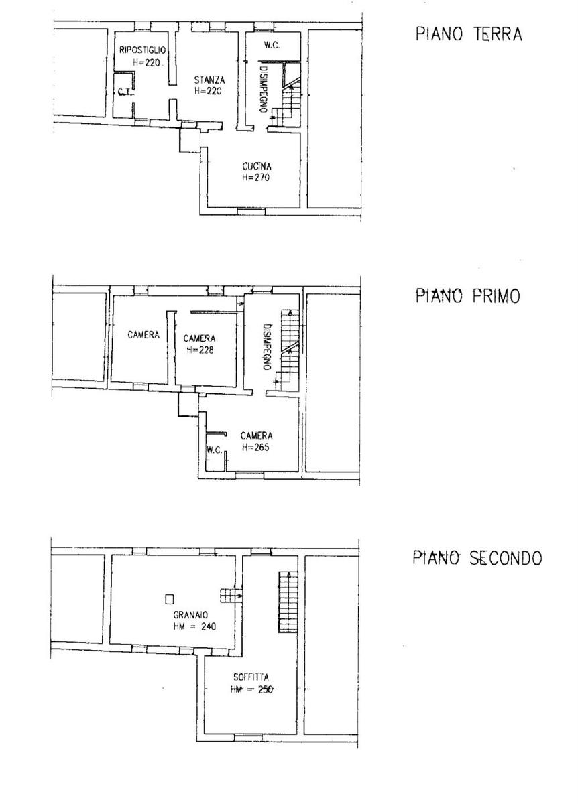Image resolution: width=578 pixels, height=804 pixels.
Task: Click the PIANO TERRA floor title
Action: click(x=469, y=34)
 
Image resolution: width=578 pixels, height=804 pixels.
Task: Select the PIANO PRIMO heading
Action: click(x=468, y=296)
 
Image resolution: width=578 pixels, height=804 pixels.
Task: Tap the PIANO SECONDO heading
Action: click(x=477, y=557)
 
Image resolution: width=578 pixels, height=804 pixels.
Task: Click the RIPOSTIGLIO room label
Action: click(x=142, y=50)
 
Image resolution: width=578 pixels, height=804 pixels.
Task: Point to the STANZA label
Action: click(x=209, y=80)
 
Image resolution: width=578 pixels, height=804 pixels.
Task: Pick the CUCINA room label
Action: click(x=257, y=166)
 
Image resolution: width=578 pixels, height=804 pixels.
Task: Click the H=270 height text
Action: click(x=255, y=177)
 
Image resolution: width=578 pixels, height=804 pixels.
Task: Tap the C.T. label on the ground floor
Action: click(x=125, y=92)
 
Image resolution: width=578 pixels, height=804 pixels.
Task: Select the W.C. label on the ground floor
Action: click(x=272, y=45)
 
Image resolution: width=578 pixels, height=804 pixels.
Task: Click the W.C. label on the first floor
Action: click(x=215, y=450)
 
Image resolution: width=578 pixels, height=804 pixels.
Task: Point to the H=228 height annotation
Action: click(x=200, y=350)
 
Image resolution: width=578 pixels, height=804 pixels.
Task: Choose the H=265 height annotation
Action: click(x=255, y=447)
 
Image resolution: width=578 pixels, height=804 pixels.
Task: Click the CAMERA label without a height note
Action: click(x=143, y=334)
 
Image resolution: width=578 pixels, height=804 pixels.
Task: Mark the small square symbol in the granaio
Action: click(x=169, y=599)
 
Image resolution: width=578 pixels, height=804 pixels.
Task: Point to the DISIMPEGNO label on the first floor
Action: click(x=267, y=347)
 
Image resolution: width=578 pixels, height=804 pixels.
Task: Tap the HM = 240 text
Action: click(x=194, y=626)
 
